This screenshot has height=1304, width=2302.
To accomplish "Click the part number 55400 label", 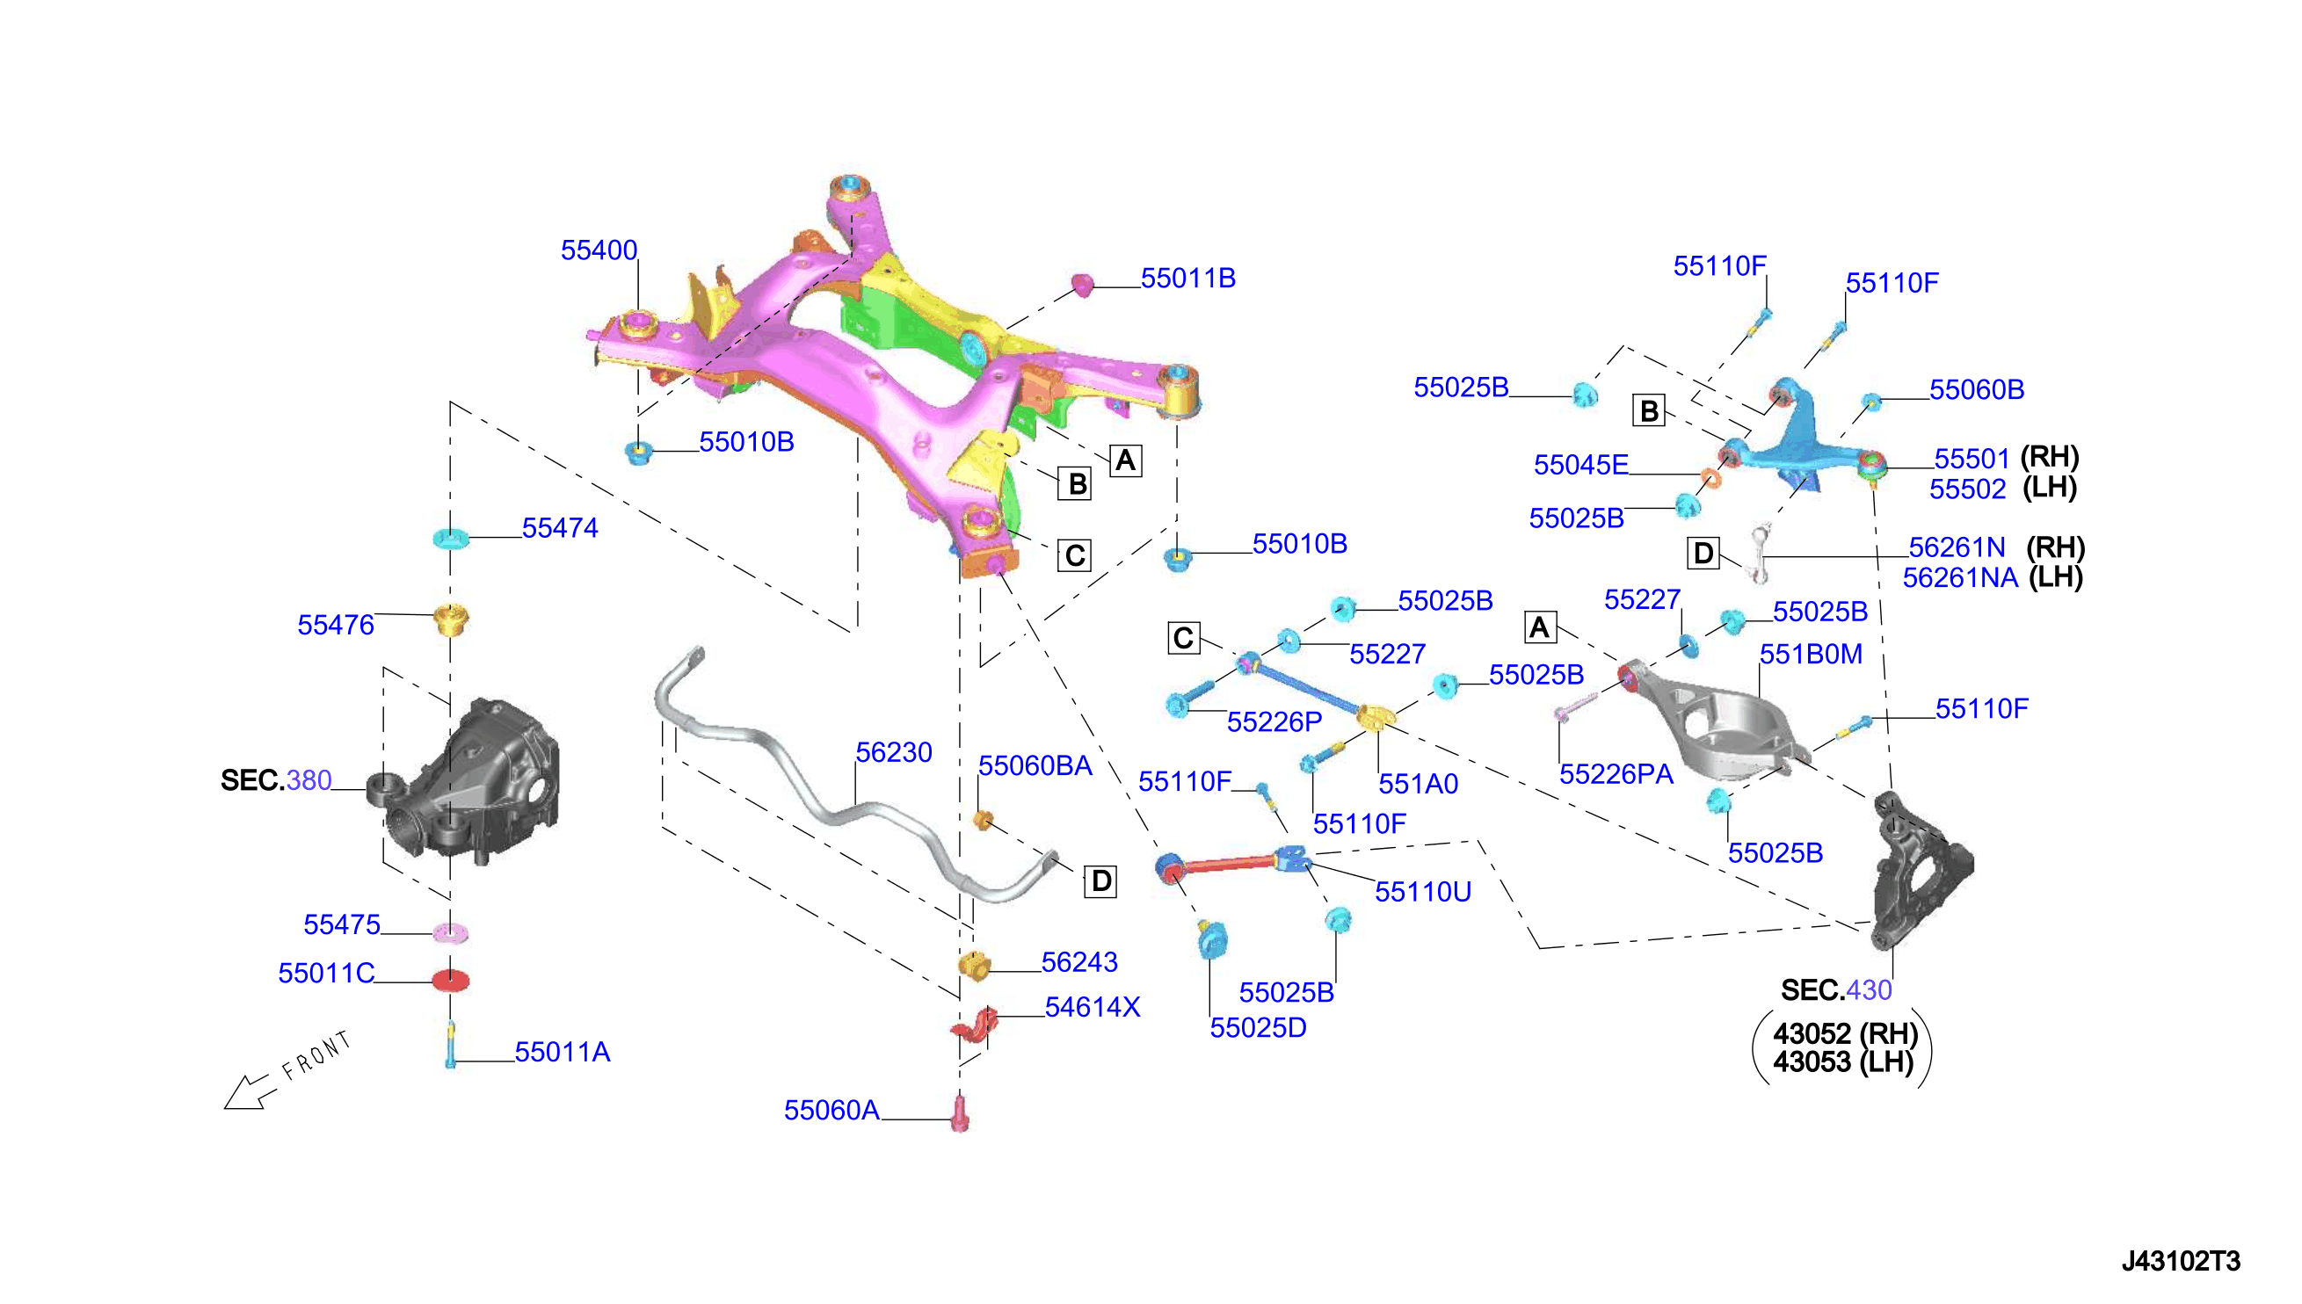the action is [x=599, y=250].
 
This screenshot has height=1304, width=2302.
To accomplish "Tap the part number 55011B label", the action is [x=1187, y=279].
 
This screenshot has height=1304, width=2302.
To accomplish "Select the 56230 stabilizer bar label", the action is [x=893, y=752].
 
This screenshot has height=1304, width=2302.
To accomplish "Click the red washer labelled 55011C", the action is [x=451, y=980].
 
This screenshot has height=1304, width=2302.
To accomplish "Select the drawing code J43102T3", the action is [x=2181, y=1261].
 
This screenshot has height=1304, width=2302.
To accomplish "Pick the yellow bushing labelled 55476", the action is [x=451, y=619].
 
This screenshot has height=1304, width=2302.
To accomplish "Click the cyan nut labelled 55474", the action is [x=451, y=539].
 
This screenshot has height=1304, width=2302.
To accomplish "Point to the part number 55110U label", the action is [x=1422, y=892].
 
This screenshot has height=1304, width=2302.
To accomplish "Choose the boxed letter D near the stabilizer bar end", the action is [x=1100, y=881].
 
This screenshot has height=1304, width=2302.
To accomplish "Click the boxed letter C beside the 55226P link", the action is [x=1183, y=639].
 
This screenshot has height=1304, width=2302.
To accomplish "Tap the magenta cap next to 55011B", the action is [x=1083, y=284].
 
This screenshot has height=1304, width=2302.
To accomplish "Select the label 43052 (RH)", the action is [x=1845, y=1033].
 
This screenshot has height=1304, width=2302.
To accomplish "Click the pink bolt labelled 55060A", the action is [x=960, y=1114].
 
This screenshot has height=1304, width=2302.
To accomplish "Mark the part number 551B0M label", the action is [x=1811, y=655].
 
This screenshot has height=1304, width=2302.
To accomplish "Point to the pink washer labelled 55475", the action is [x=451, y=932].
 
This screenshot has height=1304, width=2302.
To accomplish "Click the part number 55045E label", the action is [x=1581, y=466].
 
